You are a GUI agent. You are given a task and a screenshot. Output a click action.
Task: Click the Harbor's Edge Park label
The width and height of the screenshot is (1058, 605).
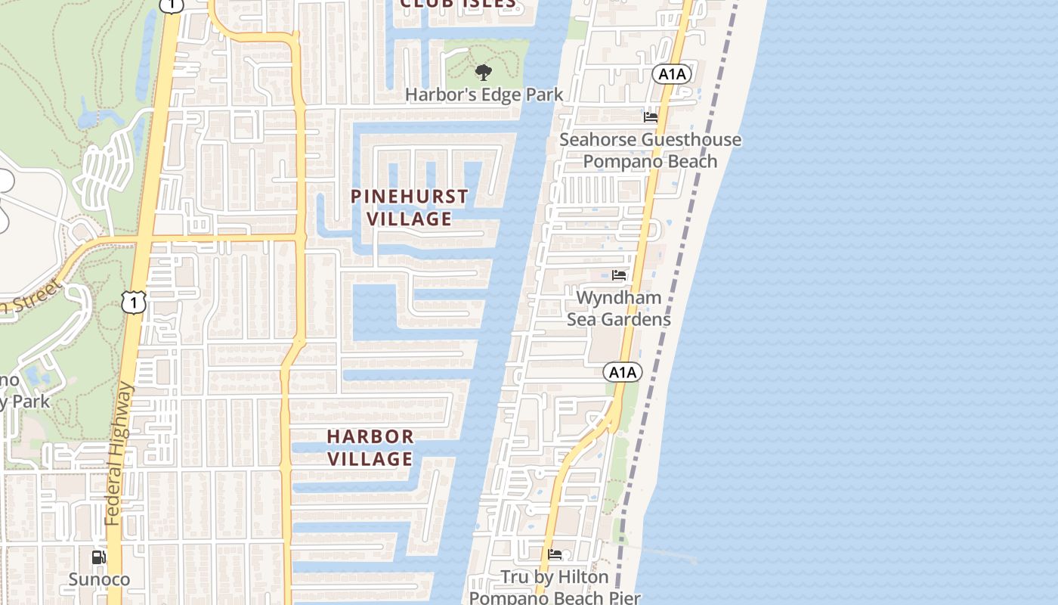(x=484, y=95)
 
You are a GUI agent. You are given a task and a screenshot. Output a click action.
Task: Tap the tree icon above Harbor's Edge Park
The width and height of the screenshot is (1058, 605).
(x=483, y=73)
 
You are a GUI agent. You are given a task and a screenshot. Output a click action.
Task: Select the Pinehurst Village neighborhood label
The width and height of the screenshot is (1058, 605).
(x=410, y=207)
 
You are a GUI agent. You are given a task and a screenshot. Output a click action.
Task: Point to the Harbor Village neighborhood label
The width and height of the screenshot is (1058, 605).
(x=370, y=447)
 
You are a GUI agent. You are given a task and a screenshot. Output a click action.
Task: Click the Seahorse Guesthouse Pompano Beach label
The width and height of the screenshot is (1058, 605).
(x=650, y=150)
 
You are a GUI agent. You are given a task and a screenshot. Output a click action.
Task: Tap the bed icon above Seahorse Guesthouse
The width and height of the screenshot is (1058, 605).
(x=651, y=116)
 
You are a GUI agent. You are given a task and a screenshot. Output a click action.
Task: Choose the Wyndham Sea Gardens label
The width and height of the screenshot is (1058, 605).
(x=619, y=308)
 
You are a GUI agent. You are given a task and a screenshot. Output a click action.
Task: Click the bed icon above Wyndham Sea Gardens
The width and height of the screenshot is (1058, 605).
(x=619, y=275)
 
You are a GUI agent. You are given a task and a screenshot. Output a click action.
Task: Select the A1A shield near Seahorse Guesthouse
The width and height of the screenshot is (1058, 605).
(x=672, y=73)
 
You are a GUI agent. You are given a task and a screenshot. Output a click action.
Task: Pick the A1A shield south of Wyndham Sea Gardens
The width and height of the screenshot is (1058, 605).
(x=622, y=372)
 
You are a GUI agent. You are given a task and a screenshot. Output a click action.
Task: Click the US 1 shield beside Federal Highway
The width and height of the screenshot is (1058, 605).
(x=134, y=302)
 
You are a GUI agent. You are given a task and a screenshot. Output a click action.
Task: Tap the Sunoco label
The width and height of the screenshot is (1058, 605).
(x=99, y=579)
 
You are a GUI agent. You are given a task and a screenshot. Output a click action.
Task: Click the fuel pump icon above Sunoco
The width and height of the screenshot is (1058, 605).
(x=98, y=557)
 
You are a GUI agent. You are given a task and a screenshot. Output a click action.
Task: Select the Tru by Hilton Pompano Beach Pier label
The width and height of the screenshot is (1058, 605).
(x=555, y=587)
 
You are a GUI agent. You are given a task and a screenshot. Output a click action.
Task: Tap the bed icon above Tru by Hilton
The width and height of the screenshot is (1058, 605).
(x=555, y=554)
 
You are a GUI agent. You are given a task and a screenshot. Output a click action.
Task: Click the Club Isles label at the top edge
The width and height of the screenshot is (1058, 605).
(x=457, y=4)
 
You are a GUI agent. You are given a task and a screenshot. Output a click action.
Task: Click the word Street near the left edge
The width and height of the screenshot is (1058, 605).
(x=33, y=299)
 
